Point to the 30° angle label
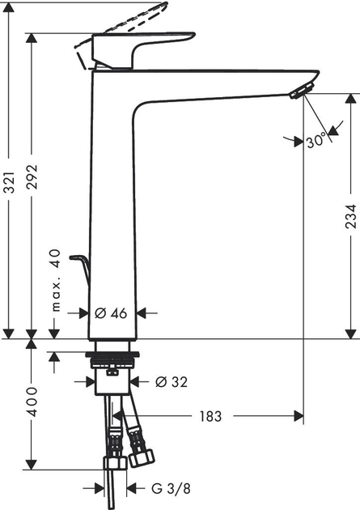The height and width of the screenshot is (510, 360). pos(316,140)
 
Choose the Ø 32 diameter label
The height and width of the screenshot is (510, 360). pos(170,380)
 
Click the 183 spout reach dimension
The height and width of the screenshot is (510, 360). pos(210,417)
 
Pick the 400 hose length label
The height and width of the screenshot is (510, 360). pos(33,401)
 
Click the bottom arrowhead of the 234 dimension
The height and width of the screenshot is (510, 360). pos(350,333)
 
